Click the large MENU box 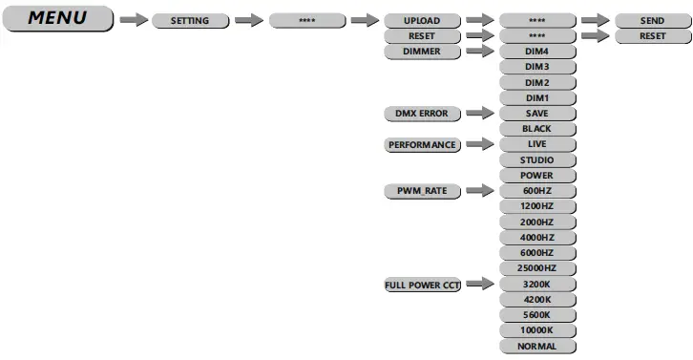coord(58,19)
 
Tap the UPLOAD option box coord(421,20)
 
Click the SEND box coord(652,20)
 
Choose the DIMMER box coord(421,52)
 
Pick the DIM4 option coord(536,52)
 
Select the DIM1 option coord(536,98)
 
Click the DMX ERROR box coord(421,114)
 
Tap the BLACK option coord(536,129)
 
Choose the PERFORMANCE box coord(421,145)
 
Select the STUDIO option coord(536,160)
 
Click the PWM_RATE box coord(421,192)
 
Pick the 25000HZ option coord(536,269)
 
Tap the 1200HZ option coord(536,207)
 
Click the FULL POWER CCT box coord(421,285)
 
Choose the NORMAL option coord(536,347)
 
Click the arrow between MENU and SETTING coord(135,20)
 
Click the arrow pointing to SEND coord(595,20)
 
